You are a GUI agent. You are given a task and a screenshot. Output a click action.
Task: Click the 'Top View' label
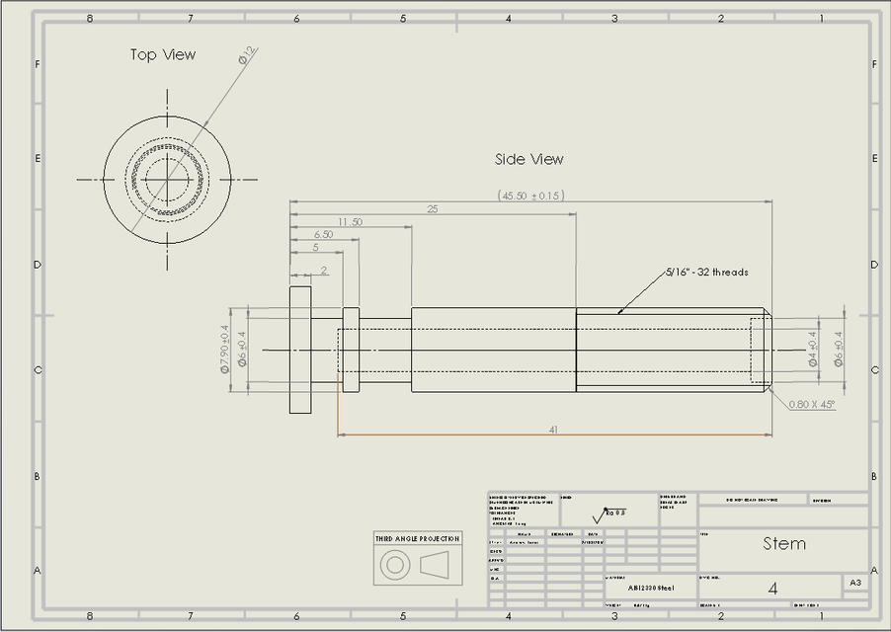(163, 55)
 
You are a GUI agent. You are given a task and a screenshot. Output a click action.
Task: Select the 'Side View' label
(529, 159)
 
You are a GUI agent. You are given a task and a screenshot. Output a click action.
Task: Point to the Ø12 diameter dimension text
(247, 55)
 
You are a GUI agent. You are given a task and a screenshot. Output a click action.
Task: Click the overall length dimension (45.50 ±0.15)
(531, 196)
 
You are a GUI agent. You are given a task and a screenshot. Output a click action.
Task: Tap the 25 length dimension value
(433, 208)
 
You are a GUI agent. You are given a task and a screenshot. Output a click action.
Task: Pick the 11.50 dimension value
(350, 221)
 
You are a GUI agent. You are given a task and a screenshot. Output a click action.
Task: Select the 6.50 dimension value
(323, 234)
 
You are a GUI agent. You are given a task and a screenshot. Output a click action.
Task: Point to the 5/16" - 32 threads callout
(706, 272)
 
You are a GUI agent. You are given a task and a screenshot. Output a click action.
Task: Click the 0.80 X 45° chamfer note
(812, 403)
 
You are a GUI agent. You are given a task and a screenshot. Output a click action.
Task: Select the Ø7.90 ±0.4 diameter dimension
(224, 349)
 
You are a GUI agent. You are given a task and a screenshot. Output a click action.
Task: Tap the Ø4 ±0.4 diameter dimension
(813, 349)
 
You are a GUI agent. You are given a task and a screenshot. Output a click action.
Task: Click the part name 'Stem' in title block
(784, 543)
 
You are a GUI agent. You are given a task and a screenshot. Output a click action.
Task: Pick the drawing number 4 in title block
(772, 588)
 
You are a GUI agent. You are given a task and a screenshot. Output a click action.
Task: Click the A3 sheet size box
(855, 584)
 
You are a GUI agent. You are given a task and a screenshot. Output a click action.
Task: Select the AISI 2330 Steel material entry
(651, 588)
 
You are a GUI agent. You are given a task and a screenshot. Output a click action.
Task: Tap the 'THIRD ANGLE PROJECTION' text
(417, 538)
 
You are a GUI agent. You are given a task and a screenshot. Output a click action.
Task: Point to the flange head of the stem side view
(300, 350)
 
